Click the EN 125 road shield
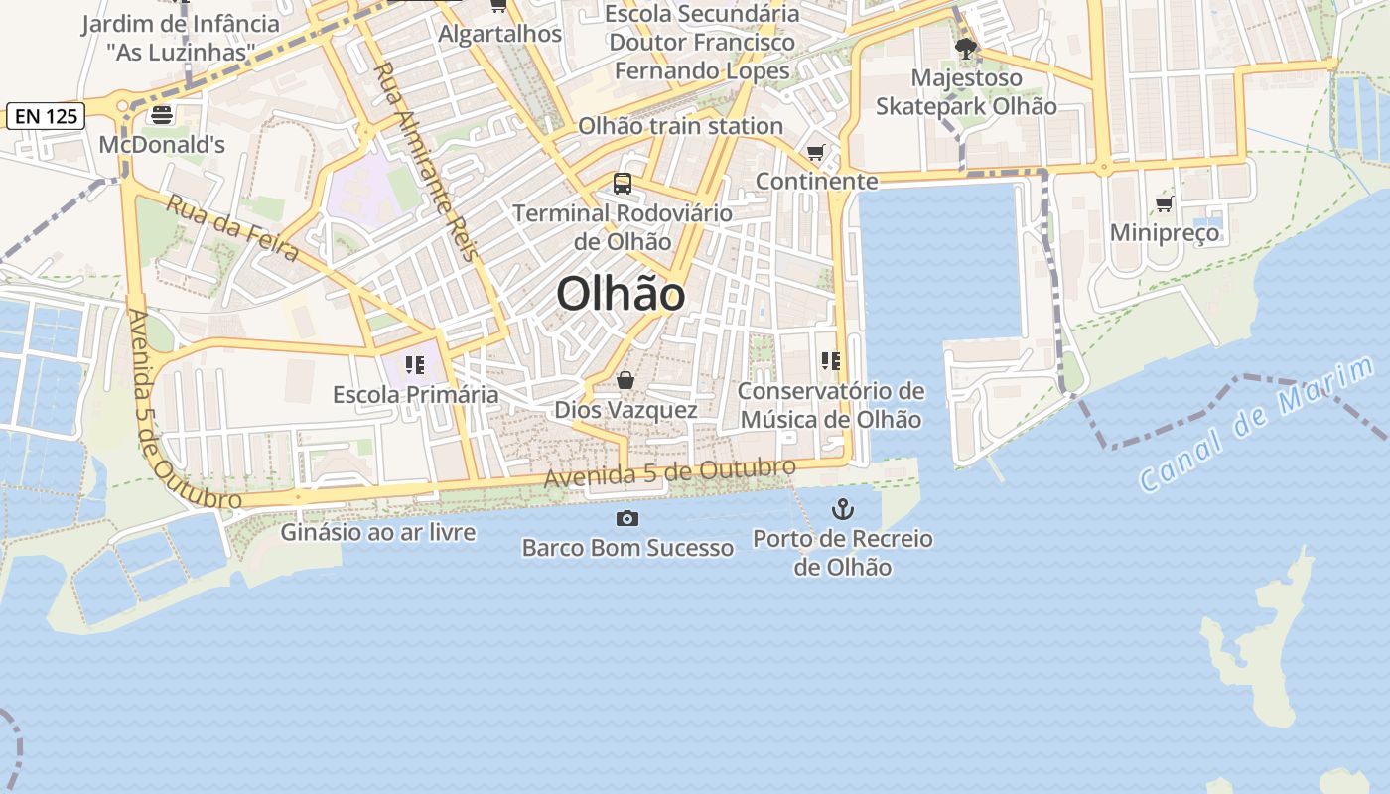46,116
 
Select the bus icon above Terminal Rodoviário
623,184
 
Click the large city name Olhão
621,294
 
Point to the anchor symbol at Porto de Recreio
842,510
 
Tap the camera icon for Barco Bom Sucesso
627,518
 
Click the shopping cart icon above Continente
816,152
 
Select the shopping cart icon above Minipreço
1165,203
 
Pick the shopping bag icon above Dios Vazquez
625,380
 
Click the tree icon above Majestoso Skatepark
965,48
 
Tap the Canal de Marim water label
1256,425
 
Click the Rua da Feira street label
232,227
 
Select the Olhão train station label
681,126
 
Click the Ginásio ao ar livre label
378,532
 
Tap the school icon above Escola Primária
415,365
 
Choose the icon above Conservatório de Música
831,361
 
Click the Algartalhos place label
500,33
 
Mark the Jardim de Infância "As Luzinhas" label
181,38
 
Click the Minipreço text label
1165,233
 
